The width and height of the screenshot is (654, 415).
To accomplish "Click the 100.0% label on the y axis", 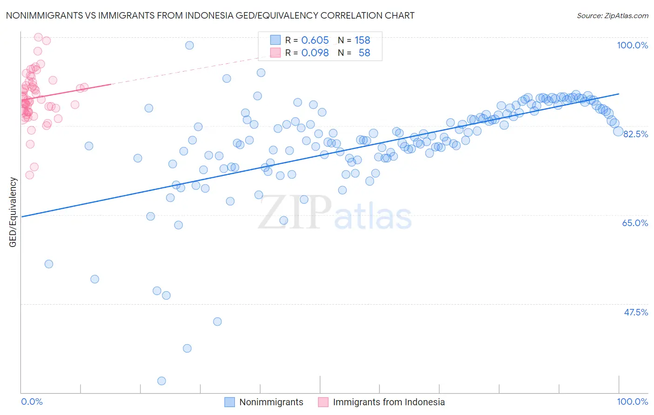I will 632,45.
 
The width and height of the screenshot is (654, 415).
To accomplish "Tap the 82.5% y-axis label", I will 635,134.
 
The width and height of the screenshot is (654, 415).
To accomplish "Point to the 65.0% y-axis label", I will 635,223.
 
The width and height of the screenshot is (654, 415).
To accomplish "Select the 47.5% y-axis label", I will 635,312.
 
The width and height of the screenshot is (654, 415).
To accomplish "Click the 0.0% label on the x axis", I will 32,402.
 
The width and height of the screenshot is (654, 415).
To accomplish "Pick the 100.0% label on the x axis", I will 632,402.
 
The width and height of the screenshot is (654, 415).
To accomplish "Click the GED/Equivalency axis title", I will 13,212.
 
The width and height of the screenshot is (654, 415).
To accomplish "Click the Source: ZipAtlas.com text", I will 612,15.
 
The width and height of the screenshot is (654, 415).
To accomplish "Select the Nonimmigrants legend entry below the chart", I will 271,402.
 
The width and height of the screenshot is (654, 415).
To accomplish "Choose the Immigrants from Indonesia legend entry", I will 388,402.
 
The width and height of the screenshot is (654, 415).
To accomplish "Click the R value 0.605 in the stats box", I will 315,40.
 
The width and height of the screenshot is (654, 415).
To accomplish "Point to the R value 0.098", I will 315,53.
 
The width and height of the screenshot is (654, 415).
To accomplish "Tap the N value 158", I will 362,40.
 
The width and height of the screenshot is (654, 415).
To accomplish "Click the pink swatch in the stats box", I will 275,53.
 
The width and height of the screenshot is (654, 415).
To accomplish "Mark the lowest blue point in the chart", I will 161,381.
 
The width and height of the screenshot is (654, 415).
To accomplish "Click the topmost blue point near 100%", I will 189,45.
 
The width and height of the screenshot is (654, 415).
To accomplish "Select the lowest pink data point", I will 29,175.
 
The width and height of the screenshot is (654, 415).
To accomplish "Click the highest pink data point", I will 39,37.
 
